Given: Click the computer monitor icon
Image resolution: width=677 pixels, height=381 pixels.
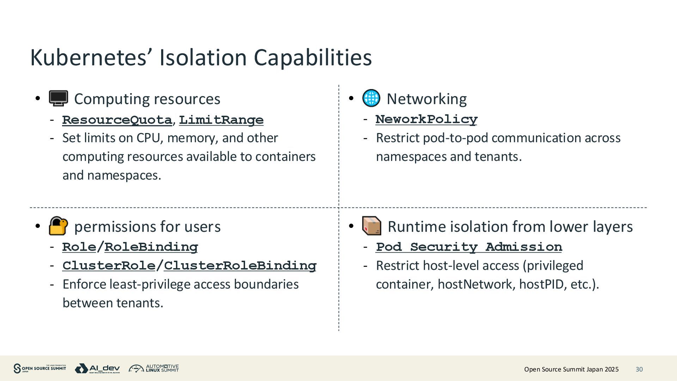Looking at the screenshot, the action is (59, 98).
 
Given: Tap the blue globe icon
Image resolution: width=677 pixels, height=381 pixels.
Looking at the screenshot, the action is (371, 98).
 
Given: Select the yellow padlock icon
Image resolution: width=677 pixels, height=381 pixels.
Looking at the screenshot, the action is (58, 226).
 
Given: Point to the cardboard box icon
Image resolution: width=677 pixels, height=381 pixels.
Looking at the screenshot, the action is (372, 226).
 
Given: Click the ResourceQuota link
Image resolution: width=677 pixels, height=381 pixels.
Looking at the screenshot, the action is (117, 120).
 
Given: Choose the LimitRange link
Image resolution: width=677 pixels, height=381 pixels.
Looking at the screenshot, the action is (221, 120).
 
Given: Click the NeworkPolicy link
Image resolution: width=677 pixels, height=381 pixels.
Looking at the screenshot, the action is (426, 119).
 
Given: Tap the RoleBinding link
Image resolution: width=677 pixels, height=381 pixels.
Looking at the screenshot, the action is (151, 247).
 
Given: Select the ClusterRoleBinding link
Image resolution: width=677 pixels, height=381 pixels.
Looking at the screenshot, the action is (240, 266).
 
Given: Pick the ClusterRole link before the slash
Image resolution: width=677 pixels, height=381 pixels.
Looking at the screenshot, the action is (109, 266).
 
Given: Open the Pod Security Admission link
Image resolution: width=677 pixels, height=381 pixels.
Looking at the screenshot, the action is (469, 247).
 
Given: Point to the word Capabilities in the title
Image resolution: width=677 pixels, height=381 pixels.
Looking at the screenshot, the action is (313, 57).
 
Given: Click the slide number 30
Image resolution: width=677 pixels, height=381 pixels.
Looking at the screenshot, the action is (639, 369).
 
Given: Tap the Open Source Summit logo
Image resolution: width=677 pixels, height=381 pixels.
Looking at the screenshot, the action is (39, 369).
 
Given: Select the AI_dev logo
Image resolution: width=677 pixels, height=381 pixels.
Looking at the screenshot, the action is (97, 369).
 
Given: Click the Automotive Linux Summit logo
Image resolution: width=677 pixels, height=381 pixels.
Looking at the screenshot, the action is (154, 369).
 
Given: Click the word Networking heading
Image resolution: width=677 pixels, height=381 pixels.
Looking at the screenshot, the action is (426, 99).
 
